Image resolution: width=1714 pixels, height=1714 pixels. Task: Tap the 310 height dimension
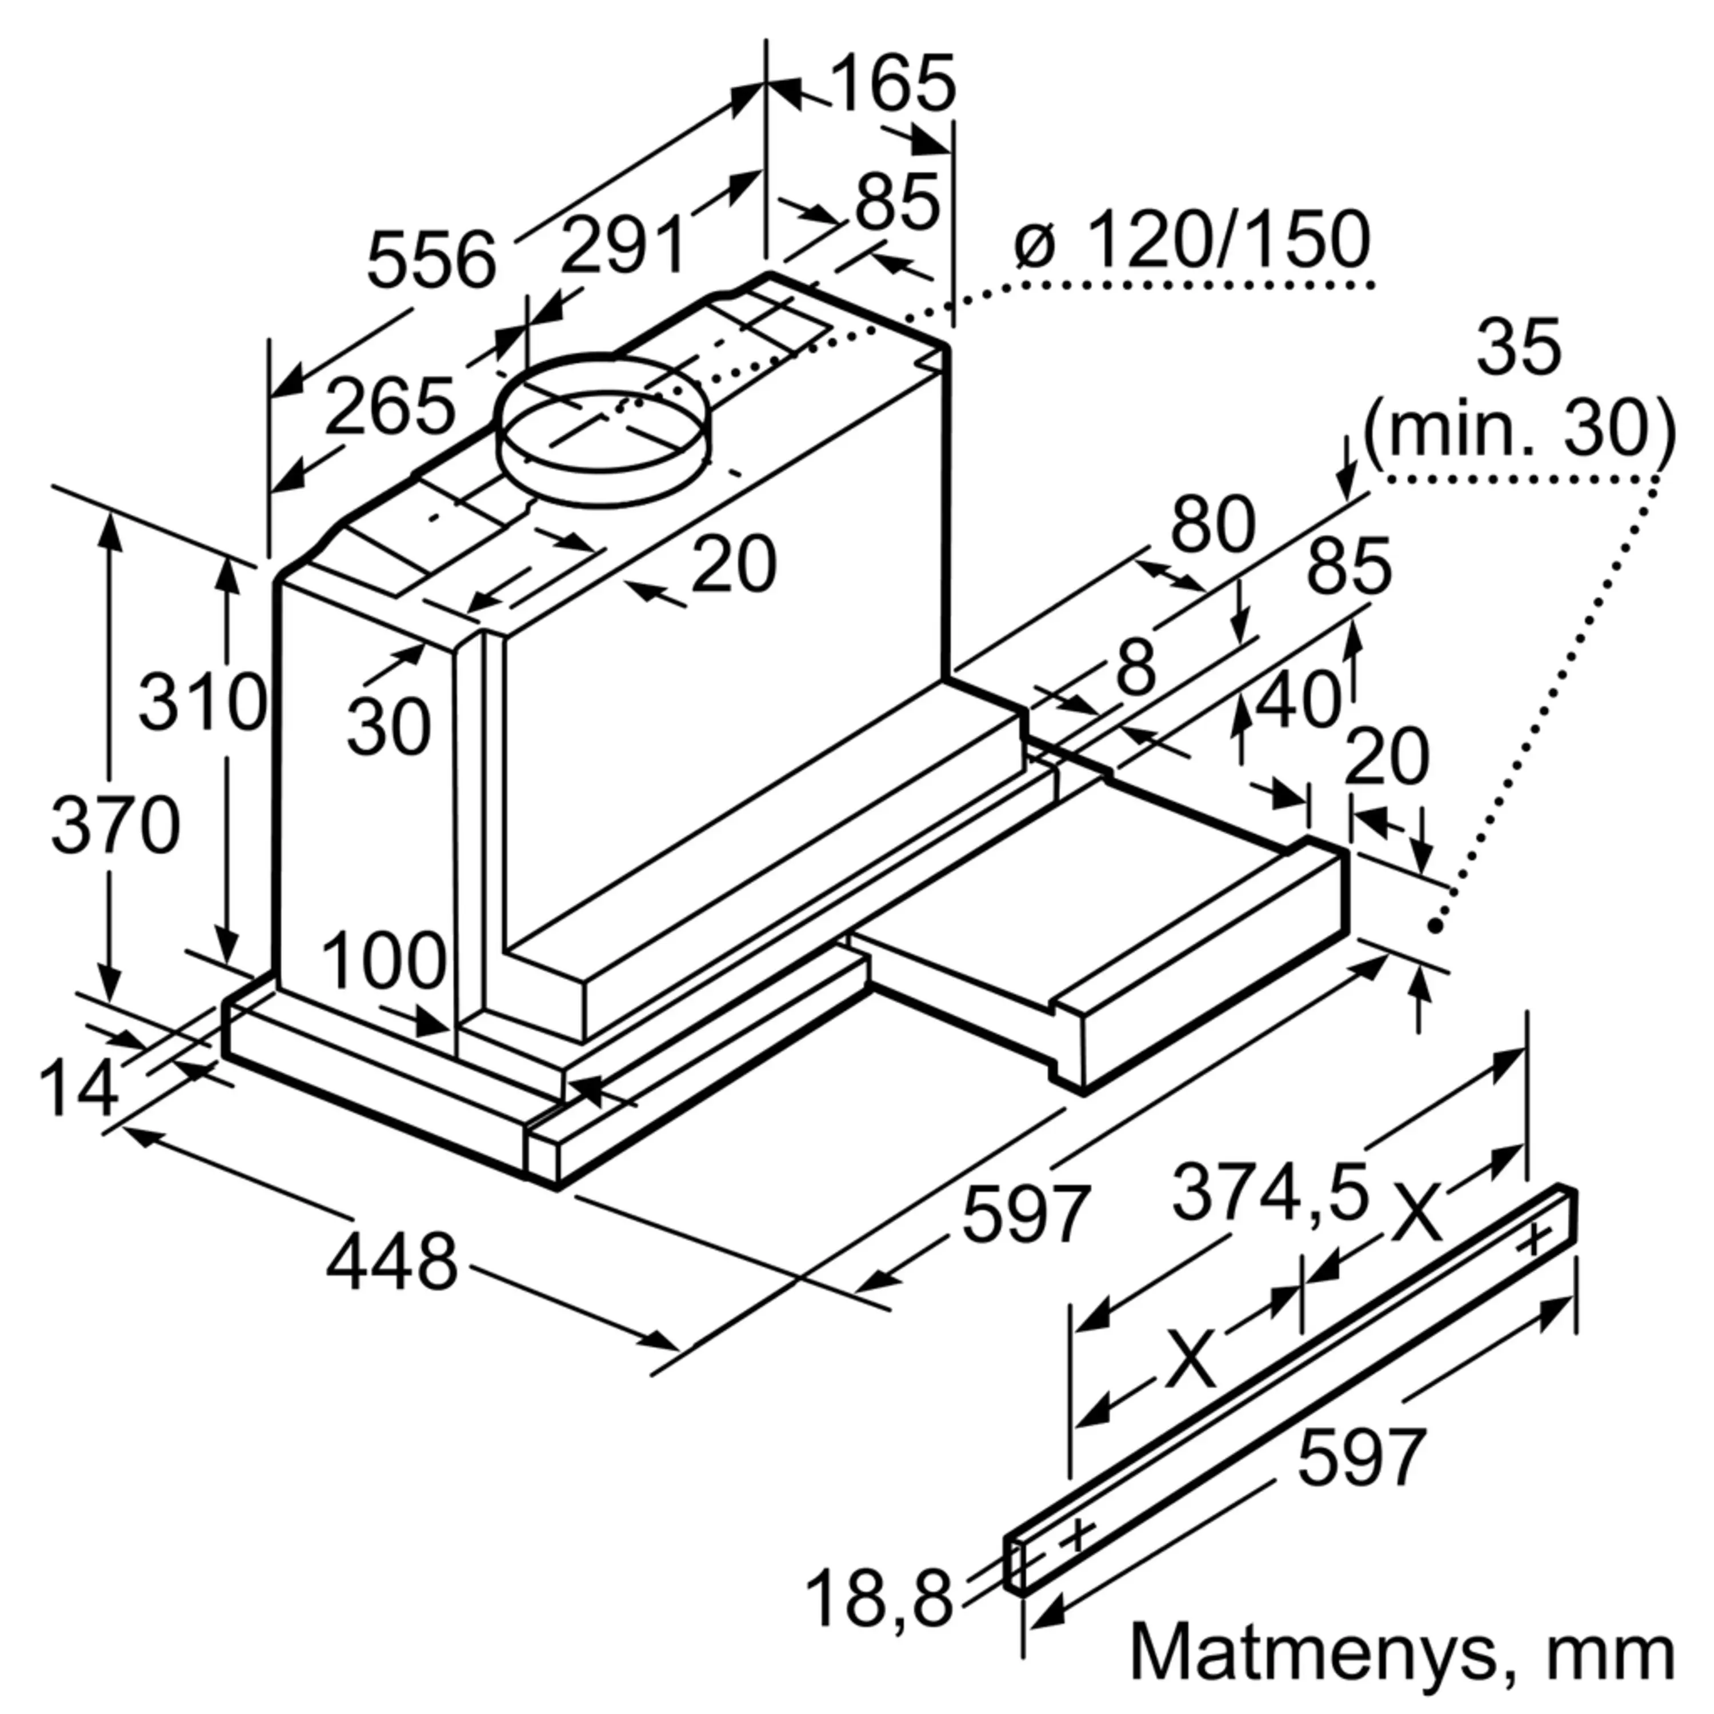click(x=202, y=702)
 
